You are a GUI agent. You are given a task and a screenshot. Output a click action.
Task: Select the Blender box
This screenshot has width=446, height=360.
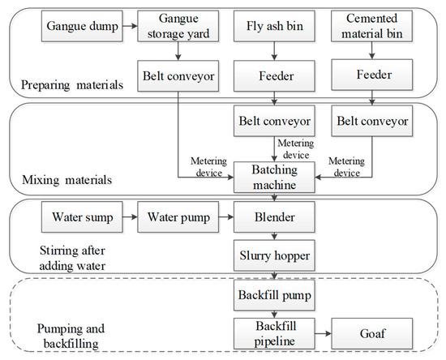click(x=273, y=218)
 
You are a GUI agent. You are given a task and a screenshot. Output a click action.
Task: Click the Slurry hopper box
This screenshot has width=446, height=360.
click(x=273, y=255)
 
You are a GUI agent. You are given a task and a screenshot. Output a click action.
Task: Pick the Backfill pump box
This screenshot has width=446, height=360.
click(x=273, y=293)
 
